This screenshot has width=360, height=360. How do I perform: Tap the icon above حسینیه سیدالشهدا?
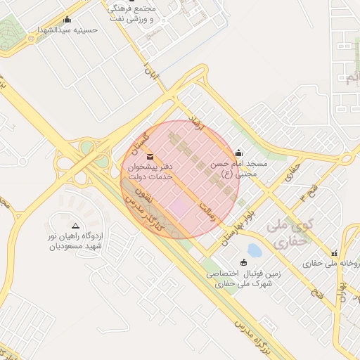[67, 20]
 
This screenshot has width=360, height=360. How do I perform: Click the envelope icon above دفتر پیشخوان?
[150, 155]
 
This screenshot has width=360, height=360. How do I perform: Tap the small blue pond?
[254, 250]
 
